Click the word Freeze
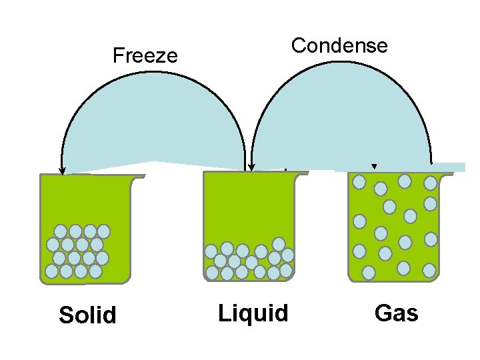click(x=145, y=55)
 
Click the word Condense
click(x=339, y=45)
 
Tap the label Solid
click(x=87, y=315)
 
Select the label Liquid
click(x=253, y=312)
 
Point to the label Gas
click(x=397, y=312)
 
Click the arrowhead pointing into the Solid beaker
click(x=62, y=171)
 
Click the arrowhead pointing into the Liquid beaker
click(x=251, y=168)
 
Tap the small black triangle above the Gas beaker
click(x=374, y=167)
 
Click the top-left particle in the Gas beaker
click(x=359, y=181)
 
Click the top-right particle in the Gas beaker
click(x=431, y=182)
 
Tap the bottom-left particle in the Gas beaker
click(x=368, y=273)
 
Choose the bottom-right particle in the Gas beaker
click(x=429, y=271)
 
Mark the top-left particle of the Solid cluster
click(x=61, y=231)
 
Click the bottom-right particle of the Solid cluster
click(x=95, y=271)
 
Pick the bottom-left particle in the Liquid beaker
click(x=212, y=273)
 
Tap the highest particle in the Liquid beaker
click(x=279, y=244)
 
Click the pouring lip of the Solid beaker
click(x=139, y=177)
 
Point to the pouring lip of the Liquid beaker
click(x=303, y=174)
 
